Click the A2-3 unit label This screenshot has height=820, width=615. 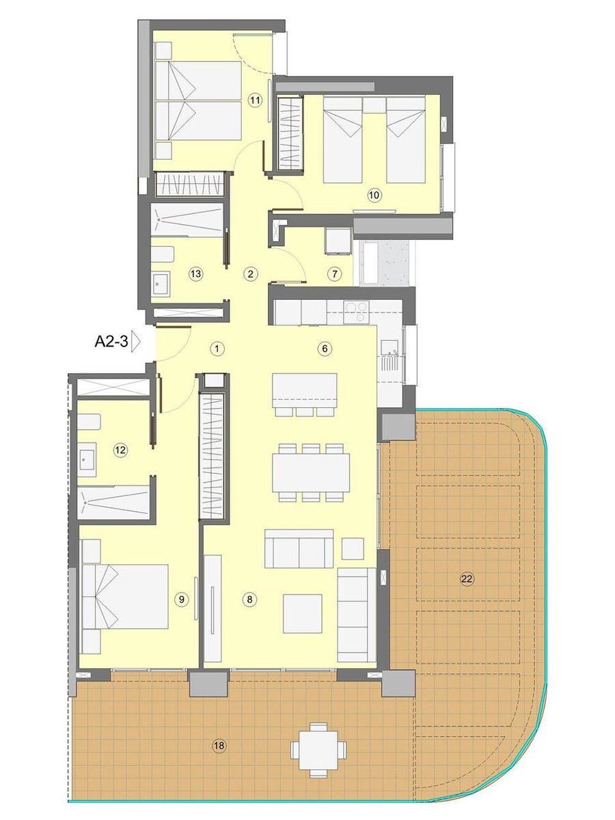(111, 342)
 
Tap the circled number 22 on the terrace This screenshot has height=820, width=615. (467, 579)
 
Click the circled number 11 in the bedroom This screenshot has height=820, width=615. (256, 100)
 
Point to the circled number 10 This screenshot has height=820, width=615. (375, 195)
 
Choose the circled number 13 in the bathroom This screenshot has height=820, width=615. (195, 274)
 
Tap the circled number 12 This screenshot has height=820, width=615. (120, 450)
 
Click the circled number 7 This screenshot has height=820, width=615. (335, 274)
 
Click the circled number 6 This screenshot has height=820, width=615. (325, 348)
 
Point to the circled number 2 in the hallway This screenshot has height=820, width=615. (251, 274)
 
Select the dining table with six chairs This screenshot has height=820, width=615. (311, 473)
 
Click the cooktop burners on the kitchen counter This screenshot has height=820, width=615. (357, 312)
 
